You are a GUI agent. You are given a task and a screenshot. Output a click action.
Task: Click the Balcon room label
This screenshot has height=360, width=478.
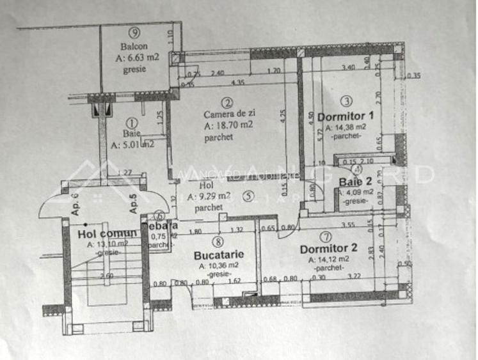tap(134, 46)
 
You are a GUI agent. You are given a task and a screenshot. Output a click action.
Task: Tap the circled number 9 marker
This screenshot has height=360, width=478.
tap(134, 33)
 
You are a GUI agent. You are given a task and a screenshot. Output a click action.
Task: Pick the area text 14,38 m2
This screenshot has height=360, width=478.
tap(346, 127)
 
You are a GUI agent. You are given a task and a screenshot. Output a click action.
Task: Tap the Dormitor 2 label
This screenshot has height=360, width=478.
tap(328, 249)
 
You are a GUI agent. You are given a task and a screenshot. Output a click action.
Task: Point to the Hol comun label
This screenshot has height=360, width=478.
tap(108, 233)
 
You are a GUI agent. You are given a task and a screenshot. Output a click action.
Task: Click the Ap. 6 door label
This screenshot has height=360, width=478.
tap(74, 203)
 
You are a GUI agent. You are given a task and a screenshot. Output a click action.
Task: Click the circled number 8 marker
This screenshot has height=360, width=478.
tap(219, 242)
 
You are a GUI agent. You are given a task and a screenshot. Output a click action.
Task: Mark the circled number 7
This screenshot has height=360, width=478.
tap(328, 237)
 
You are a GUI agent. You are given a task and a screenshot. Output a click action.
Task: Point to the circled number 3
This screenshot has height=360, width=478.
tap(346, 101)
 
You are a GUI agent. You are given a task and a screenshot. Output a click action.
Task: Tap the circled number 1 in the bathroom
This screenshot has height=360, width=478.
tap(132, 121)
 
